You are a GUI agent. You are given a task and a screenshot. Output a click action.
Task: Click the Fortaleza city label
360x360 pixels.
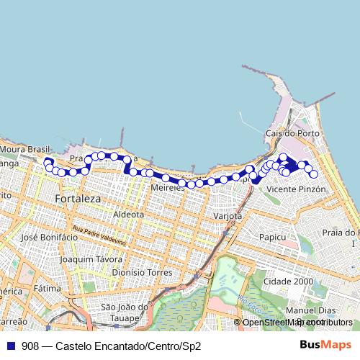click(78, 198)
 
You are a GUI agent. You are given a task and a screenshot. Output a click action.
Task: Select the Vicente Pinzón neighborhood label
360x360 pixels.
click(297, 189)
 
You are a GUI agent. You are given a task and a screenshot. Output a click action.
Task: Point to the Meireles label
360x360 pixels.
click(167, 187)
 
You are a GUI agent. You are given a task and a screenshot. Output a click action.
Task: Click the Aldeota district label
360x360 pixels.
click(129, 215)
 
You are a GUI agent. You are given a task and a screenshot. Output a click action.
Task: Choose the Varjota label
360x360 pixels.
click(229, 216)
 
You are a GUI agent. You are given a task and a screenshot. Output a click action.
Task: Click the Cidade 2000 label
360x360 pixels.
click(288, 282)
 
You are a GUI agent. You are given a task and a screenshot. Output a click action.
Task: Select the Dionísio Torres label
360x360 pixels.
click(142, 274)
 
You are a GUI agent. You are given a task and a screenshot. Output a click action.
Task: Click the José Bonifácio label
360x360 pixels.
click(49, 237)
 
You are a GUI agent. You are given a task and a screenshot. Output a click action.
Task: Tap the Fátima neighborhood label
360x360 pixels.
click(47, 288)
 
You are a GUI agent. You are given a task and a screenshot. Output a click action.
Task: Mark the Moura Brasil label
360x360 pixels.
click(22, 149)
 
